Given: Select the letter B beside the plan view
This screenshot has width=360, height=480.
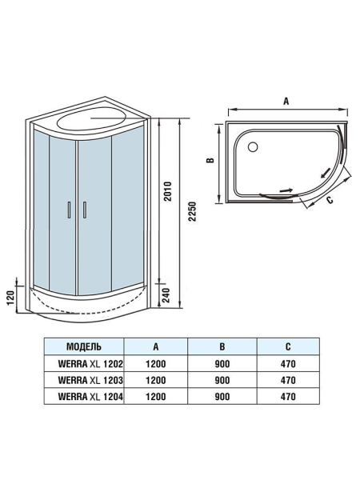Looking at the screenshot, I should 210,160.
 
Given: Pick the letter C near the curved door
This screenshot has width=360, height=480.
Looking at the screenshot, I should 330,202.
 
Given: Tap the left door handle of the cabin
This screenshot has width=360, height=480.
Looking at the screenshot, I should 70,210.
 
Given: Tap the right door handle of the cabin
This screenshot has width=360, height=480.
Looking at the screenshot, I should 81,210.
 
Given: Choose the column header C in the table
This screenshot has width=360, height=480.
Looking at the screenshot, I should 288,347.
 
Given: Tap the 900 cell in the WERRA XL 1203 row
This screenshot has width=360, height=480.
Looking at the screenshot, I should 222,380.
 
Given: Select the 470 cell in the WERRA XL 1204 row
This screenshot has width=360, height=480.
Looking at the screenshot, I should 288,396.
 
